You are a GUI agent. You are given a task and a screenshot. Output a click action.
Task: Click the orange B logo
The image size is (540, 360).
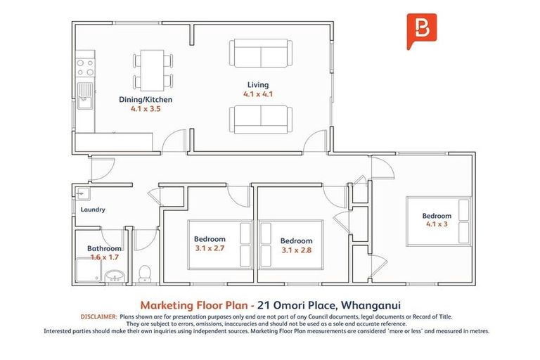[422, 31]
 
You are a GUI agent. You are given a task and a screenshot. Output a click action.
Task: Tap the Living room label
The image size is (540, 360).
[258, 85]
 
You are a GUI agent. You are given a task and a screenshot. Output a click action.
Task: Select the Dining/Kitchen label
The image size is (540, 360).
[146, 100]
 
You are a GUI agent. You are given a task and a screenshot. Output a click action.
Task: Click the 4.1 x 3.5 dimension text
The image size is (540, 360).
[146, 109]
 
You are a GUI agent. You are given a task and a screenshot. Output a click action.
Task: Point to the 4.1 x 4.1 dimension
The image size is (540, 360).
[258, 94]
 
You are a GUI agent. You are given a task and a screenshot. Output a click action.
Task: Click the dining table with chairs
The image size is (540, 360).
[153, 70]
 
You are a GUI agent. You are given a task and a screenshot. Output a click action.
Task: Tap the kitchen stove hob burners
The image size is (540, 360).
[85, 67]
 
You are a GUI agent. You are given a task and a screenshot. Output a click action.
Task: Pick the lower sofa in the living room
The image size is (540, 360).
[259, 119]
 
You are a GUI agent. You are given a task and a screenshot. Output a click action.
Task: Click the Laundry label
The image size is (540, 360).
[93, 210]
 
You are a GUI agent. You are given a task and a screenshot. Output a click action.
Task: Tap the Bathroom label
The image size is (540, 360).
[104, 248]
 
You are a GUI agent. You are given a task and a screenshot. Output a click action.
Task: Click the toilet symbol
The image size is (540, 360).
[146, 271]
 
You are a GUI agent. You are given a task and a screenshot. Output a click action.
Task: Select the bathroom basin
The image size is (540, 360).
[115, 275]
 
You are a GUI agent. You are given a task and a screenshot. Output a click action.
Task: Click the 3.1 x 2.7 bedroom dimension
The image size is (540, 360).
[210, 247]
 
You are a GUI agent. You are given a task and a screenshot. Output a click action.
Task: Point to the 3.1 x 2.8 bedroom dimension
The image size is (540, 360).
[295, 250]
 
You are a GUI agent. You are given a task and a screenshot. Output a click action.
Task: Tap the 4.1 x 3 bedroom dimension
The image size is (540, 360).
[436, 224]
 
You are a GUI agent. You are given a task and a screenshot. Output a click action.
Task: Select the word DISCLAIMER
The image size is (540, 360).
[100, 317]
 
